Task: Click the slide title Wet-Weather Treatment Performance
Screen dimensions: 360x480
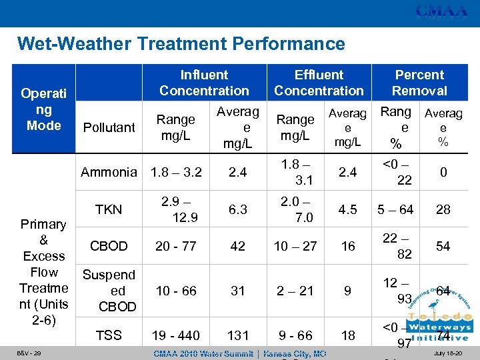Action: tap(181, 45)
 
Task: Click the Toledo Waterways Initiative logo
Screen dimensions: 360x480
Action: tap(437, 313)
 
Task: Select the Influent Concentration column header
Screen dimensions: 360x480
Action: tap(204, 83)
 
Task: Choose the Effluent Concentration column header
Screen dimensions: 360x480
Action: tap(319, 83)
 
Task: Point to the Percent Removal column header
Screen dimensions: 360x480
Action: tap(419, 83)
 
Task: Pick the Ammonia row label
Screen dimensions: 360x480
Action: tap(109, 173)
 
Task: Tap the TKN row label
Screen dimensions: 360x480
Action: tap(109, 209)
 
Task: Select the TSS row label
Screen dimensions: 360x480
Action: tap(109, 335)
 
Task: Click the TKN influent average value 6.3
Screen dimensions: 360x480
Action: tap(238, 209)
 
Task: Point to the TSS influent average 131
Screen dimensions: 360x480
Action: tap(238, 335)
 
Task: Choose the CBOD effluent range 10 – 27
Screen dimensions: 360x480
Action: tap(295, 246)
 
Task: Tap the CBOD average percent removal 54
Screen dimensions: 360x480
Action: tap(443, 246)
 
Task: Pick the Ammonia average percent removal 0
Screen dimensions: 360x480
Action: tap(443, 173)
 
